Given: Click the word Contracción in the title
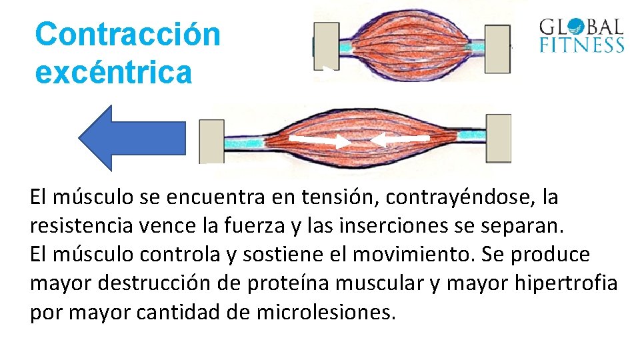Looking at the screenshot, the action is coord(127,33).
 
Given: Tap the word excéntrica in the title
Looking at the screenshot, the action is coord(113,71).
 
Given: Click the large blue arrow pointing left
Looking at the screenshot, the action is coord(131,139).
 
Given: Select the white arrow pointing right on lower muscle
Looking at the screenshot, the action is coord(319,141).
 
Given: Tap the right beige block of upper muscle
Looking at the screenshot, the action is coord(497,49).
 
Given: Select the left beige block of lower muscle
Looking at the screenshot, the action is coord(212,141).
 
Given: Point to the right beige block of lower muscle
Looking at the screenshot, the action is coord(498,138).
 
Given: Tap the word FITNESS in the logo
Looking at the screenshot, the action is coord(581,45).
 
